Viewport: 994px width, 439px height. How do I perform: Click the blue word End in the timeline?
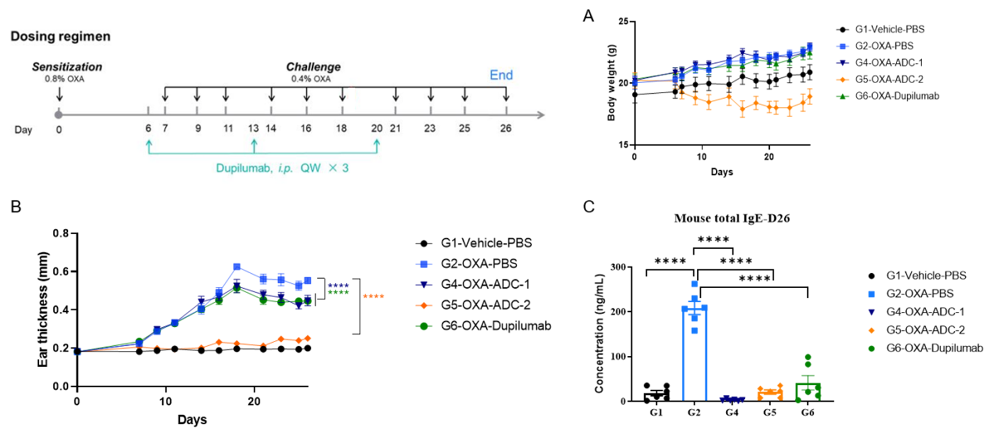(501, 75)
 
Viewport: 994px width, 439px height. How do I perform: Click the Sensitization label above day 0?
(67, 67)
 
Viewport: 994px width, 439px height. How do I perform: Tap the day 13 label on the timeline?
(253, 128)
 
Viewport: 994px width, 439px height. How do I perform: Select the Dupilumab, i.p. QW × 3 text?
(282, 168)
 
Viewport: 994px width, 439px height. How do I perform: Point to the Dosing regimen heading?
(60, 36)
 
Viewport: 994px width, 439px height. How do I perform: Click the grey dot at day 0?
(58, 115)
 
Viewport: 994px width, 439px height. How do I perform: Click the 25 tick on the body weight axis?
(622, 22)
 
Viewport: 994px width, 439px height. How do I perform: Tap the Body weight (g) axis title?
(611, 83)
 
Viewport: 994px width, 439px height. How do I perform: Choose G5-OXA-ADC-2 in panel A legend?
(889, 79)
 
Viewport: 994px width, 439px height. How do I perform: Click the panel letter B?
(16, 207)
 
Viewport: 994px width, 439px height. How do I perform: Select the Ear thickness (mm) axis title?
(43, 309)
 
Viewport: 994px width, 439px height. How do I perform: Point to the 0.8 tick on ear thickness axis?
(61, 233)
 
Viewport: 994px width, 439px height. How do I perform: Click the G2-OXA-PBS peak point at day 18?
(237, 267)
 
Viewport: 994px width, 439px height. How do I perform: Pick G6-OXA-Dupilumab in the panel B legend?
(495, 326)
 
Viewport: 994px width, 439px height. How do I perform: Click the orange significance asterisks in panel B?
(373, 296)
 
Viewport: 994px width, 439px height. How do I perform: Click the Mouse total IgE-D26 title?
(732, 219)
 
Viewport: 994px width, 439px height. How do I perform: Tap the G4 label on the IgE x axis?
(732, 412)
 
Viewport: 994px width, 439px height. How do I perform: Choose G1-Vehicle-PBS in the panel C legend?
(926, 276)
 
